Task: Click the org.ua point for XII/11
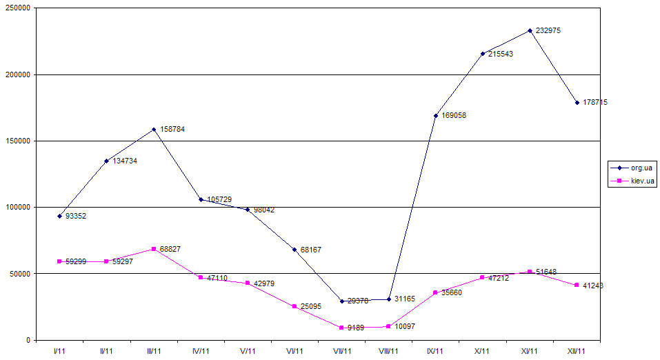577,103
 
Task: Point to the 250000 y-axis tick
17,8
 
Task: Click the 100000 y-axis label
17,208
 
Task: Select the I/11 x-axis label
59,351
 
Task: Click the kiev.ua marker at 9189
341,328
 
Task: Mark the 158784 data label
172,129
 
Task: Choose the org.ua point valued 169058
436,116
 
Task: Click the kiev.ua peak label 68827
172,248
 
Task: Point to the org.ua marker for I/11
59,216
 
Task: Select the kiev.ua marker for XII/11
577,285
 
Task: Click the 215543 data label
501,54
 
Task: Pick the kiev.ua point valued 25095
294,306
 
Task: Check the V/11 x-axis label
248,351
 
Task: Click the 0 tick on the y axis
26,340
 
